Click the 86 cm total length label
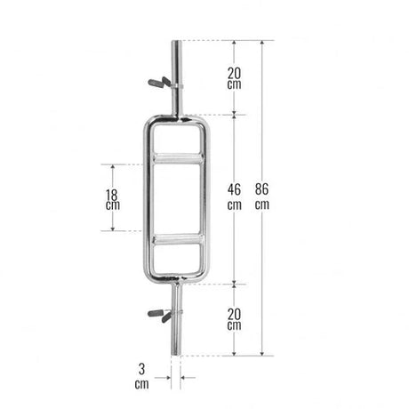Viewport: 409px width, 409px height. [262, 196]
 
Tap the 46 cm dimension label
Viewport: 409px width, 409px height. [234, 196]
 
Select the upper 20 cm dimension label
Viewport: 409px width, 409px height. [234, 78]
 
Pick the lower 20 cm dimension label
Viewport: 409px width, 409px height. [234, 319]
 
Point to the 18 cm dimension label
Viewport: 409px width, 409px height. [113, 199]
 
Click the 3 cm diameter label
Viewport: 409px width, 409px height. [141, 376]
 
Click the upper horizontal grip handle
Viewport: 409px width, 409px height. [177, 158]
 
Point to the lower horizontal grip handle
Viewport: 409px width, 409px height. [177, 239]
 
